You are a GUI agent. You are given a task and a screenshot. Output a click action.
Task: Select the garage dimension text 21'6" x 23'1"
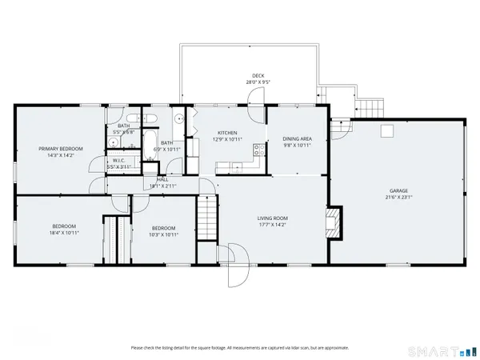click(398, 198)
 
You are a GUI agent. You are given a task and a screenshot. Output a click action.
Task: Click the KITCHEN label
click(228, 133)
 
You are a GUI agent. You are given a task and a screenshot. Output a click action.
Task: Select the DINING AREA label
click(296, 139)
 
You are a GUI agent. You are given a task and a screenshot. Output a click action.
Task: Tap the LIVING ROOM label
click(272, 218)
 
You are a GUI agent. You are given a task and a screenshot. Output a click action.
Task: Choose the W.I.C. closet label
click(118, 160)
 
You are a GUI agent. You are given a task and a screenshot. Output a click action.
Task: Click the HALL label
click(162, 180)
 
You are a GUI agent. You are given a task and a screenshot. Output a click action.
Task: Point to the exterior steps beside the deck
click(369, 108)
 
